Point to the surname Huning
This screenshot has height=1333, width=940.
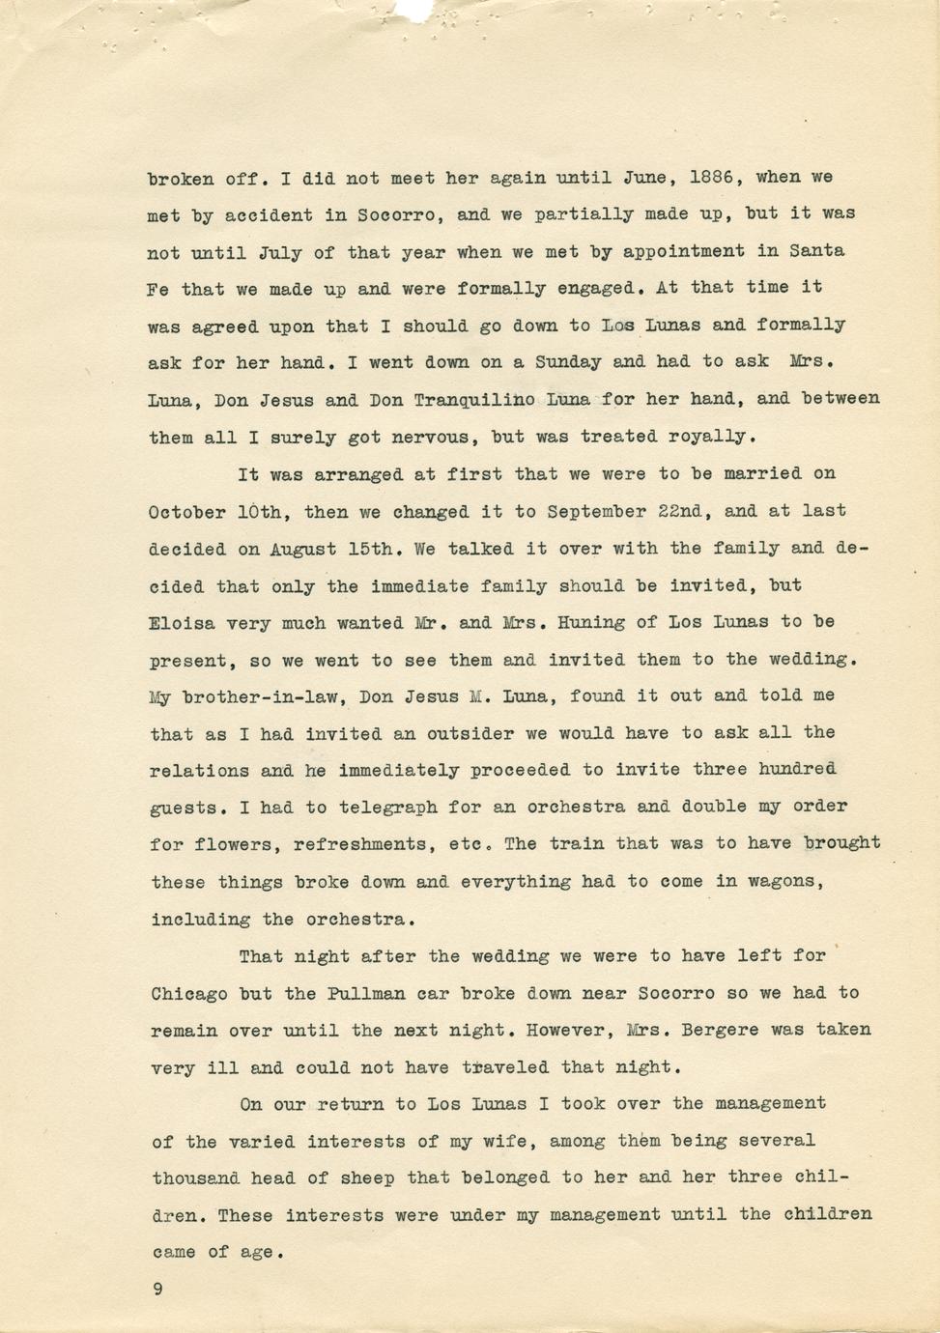point(591,623)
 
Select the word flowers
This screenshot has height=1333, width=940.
point(233,845)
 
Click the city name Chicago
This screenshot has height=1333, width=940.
point(189,994)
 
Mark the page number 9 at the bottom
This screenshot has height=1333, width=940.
point(157,1288)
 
